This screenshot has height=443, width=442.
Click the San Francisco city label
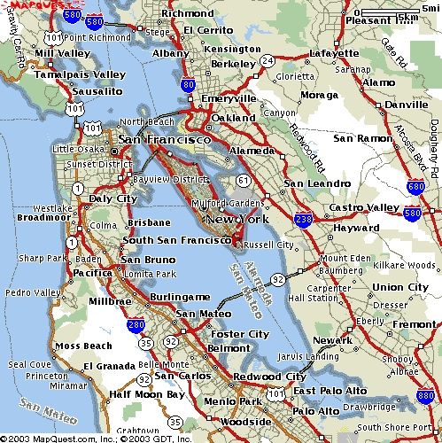165,140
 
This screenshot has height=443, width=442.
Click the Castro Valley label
365,206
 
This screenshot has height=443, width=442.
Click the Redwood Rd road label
309,151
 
